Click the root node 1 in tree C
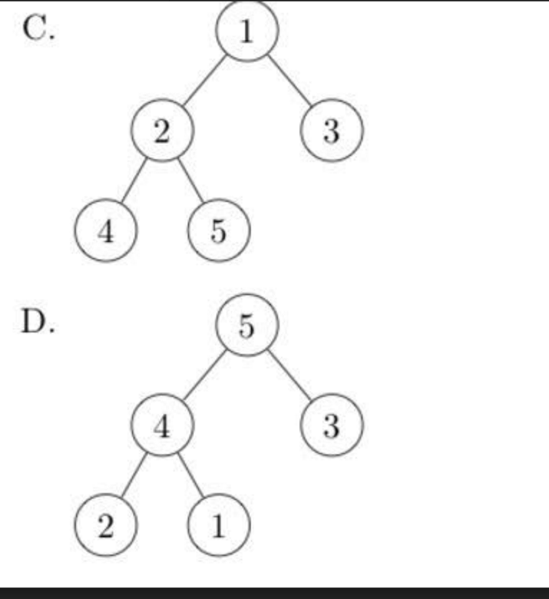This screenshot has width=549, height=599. click(247, 32)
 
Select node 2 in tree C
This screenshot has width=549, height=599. click(162, 131)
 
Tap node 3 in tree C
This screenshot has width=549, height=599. click(331, 131)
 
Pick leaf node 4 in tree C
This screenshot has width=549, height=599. click(105, 231)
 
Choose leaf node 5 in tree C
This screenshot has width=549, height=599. click(219, 231)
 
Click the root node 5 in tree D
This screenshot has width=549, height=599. click(247, 327)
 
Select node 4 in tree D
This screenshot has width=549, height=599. click(162, 427)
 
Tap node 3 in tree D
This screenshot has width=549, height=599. click(331, 427)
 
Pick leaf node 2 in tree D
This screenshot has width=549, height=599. click(105, 527)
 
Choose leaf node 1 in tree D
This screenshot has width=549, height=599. click(219, 527)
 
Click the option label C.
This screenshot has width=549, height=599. click(38, 30)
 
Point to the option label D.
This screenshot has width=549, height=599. click(38, 324)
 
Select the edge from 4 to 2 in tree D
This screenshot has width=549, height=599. click(133, 477)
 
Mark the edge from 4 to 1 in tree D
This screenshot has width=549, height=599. click(191, 477)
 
